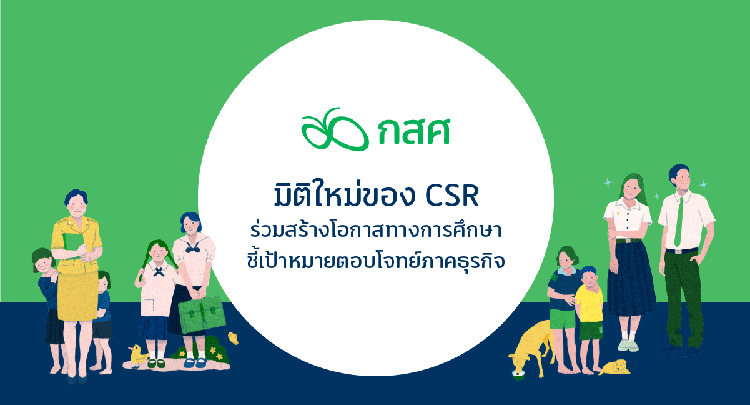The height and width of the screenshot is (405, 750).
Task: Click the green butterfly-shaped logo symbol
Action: click(x=335, y=130)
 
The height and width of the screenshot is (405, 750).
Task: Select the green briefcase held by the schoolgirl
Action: click(x=202, y=314)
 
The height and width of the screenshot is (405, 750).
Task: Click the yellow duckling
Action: click(x=137, y=356)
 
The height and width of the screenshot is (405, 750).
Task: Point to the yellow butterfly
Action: click(x=234, y=338)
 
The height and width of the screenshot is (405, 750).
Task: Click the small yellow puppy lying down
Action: click(x=614, y=367)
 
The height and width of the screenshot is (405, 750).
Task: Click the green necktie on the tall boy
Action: click(x=679, y=222)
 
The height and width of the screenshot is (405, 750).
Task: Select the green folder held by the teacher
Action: click(x=73, y=245)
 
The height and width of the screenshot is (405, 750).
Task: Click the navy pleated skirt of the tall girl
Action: click(x=631, y=279)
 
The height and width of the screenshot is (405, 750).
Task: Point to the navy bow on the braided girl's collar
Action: click(x=159, y=271)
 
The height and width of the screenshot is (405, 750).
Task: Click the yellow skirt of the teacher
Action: click(x=77, y=296)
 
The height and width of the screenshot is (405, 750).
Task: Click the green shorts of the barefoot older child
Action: click(x=562, y=319)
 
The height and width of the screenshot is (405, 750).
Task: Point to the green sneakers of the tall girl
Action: click(x=628, y=346)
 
